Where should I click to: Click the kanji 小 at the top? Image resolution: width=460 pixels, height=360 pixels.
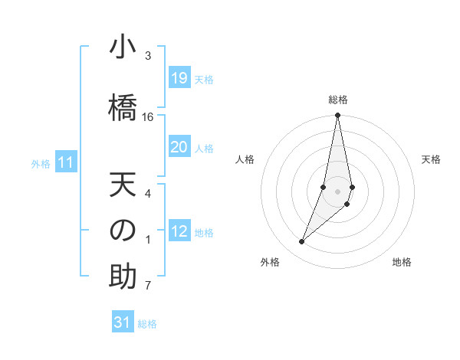pos(123,47)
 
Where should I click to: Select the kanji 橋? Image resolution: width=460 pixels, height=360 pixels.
pos(123,103)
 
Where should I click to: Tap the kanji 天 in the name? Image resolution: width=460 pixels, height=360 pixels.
pos(123,186)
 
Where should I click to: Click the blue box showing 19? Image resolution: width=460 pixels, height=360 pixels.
pos(179,78)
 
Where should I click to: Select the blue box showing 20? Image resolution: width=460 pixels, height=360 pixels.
pos(179,147)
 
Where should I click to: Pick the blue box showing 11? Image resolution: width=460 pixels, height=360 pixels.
pos(65,162)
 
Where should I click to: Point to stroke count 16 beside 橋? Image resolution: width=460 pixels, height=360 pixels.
pos(148,117)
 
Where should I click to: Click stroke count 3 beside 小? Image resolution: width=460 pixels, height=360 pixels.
pos(148,56)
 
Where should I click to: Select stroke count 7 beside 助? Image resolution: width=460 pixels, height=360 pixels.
pos(148,286)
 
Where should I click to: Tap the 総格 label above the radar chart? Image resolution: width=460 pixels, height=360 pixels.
pos(338,100)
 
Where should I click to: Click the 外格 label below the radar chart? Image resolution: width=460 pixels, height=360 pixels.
pos(269,262)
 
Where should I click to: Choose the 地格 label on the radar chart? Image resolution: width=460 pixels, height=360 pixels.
pos(402,262)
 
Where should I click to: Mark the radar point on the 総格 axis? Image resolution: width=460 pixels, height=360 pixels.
pos(338,116)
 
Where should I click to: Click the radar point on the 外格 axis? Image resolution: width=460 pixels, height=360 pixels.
pos(301,242)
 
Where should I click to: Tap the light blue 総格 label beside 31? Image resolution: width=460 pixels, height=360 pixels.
pos(147,324)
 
